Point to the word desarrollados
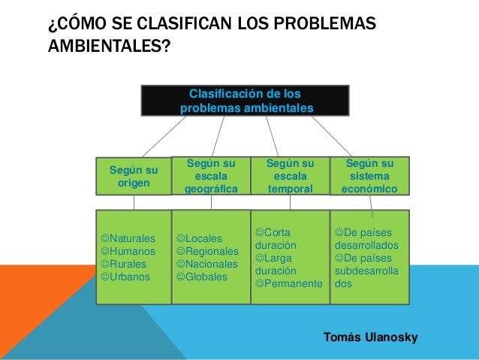tap(366, 245)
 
